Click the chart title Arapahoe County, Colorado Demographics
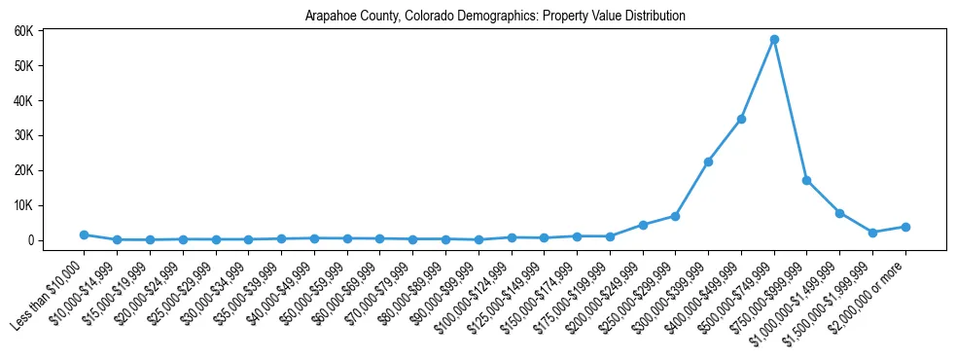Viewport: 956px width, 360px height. pos(495,17)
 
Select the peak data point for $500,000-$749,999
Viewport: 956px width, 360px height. pos(774,40)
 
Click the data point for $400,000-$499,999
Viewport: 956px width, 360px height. pos(741,119)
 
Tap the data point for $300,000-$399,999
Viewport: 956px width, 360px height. pos(708,162)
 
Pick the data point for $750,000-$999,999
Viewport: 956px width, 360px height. pos(807,181)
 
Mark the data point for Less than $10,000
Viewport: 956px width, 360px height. pos(84,234)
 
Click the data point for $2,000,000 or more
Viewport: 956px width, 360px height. pos(905,227)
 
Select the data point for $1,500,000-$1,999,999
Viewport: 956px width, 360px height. pos(872,233)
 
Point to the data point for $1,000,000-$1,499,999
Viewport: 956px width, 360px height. pos(839,213)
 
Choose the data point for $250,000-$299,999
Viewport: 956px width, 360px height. pos(675,216)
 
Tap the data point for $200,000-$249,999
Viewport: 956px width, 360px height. pos(642,225)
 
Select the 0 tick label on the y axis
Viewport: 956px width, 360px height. pos(57,240)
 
